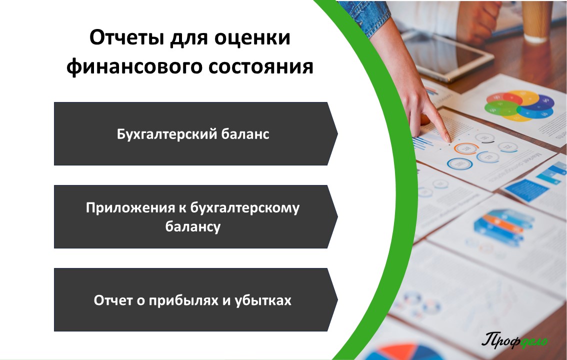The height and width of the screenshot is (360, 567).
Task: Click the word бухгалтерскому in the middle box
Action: click(x=245, y=208)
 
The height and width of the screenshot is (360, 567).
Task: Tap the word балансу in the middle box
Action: click(x=192, y=226)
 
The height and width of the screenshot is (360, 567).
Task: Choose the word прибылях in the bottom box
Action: click(x=183, y=300)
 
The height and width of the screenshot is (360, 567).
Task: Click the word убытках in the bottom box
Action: click(x=263, y=300)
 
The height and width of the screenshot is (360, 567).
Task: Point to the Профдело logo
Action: click(x=514, y=340)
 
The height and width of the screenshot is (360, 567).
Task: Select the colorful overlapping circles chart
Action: click(x=519, y=105)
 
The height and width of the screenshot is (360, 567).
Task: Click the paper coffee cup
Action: click(x=536, y=20)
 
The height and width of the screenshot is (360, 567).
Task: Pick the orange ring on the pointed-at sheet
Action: click(x=466, y=148)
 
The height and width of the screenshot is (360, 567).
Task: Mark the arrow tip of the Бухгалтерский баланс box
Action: click(x=337, y=133)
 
